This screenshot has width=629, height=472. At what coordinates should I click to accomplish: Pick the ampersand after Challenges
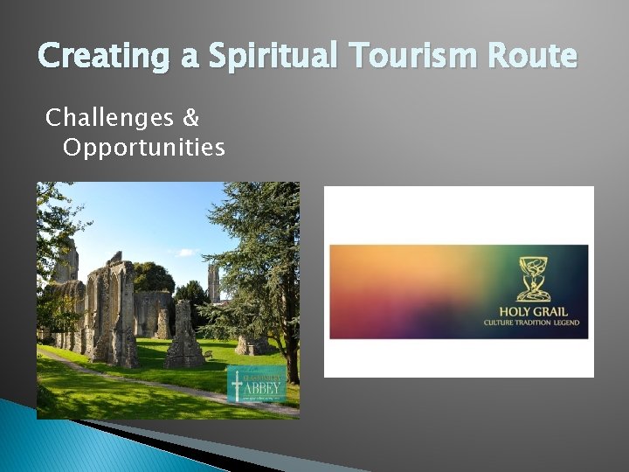click(192, 116)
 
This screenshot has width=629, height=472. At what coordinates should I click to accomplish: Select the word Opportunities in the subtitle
click(144, 147)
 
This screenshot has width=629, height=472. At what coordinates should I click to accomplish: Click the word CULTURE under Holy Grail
click(500, 323)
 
